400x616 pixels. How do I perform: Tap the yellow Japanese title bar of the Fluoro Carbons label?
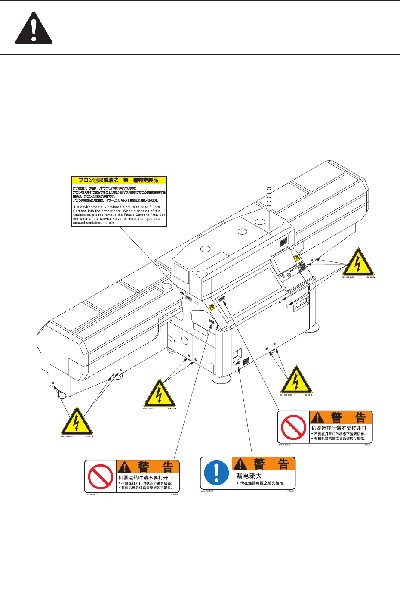click(x=118, y=180)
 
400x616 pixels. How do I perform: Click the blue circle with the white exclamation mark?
click(x=216, y=473)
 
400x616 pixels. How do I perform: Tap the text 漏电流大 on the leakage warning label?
click(x=249, y=476)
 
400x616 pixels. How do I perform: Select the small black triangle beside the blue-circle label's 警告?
click(x=240, y=464)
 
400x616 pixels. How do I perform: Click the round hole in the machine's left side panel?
click(x=185, y=340)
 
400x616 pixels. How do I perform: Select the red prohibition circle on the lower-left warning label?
click(x=100, y=476)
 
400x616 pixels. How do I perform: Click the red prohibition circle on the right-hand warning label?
click(x=293, y=427)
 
